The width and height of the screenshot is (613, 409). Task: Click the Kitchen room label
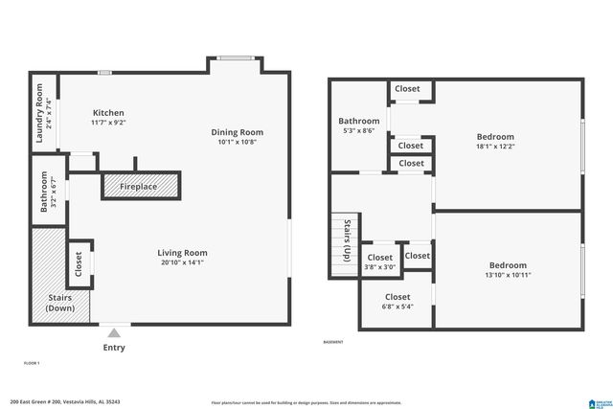click(x=107, y=113)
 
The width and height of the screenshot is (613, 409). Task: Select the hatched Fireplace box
click(x=142, y=186)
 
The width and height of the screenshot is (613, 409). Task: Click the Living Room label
click(x=183, y=253)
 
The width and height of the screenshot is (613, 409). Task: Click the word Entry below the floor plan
click(x=114, y=348)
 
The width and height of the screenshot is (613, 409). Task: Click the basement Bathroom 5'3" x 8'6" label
click(x=358, y=125)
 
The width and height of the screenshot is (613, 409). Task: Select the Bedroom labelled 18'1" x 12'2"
click(x=495, y=142)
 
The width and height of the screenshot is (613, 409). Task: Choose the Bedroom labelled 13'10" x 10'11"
click(x=507, y=270)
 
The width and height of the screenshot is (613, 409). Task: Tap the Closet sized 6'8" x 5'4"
click(x=397, y=302)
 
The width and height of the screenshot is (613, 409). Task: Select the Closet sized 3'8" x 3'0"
click(x=380, y=262)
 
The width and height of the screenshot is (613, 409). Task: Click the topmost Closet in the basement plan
click(x=407, y=89)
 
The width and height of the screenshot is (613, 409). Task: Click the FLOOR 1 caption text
click(x=32, y=363)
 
